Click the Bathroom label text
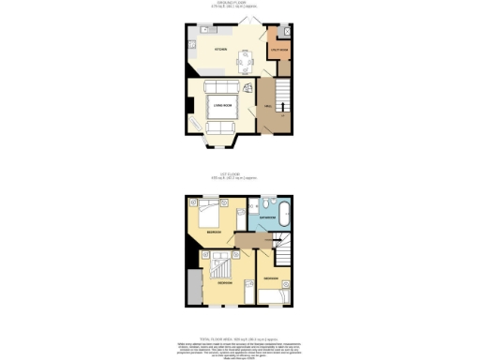[x=268, y=217]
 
